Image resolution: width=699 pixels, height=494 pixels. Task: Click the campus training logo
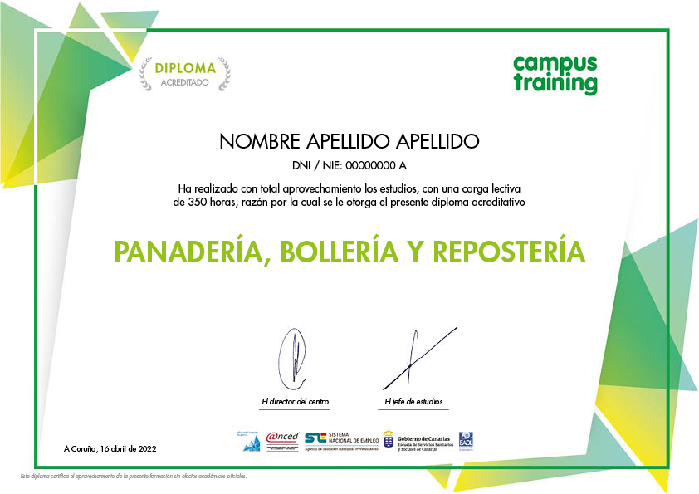tap(555, 74)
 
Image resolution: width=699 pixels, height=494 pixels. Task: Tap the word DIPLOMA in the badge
tap(185, 68)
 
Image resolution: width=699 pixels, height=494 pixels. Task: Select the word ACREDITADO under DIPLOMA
tap(185, 83)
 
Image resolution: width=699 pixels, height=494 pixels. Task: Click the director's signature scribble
tap(293, 358)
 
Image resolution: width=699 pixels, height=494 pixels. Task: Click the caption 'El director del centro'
tap(295, 402)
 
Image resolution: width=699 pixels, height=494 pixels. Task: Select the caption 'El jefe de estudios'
tap(413, 402)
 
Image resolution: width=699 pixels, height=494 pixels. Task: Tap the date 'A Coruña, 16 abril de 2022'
tap(110, 448)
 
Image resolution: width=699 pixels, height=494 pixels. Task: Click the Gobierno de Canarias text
tap(423, 439)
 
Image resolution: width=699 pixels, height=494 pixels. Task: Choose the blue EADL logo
tap(466, 441)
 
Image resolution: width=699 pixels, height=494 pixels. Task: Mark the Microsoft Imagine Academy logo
tap(252, 441)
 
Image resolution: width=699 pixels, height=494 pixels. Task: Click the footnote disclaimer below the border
tap(134, 477)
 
